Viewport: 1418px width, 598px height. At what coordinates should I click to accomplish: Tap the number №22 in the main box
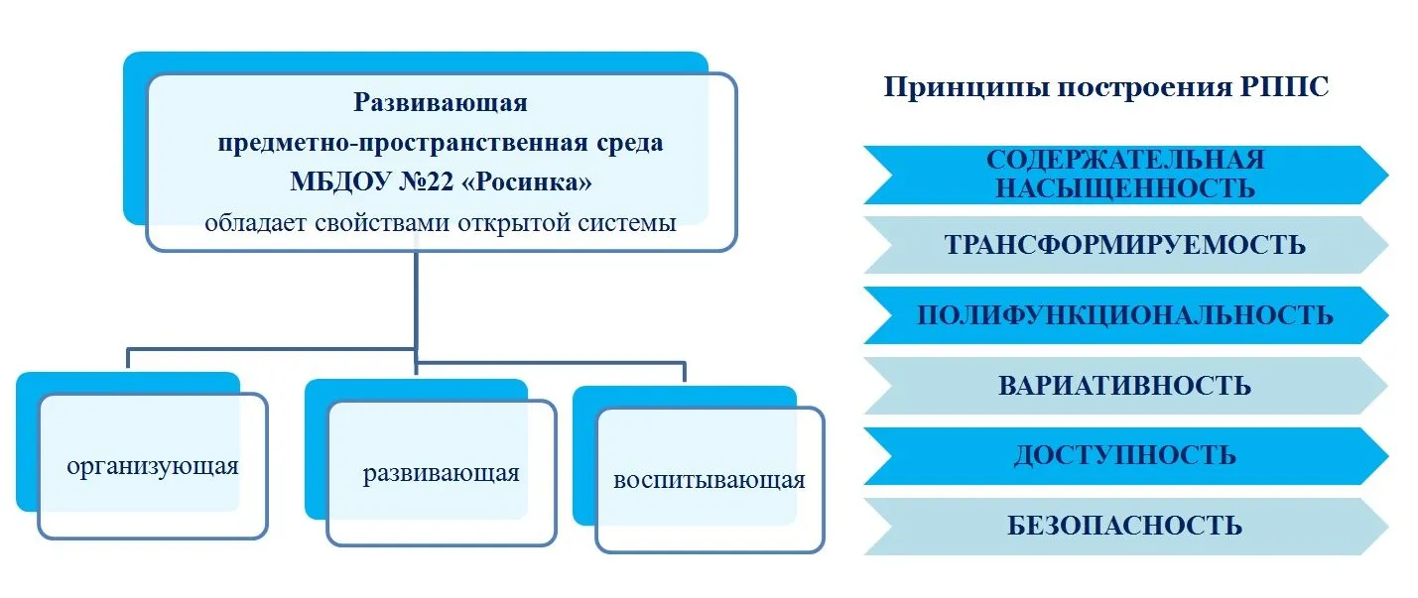tap(426, 182)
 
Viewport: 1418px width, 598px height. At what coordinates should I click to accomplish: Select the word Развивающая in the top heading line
tap(441, 102)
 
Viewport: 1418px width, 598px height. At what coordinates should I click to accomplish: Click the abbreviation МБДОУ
tap(340, 182)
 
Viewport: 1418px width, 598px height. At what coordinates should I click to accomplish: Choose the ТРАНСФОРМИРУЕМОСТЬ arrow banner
tap(1125, 245)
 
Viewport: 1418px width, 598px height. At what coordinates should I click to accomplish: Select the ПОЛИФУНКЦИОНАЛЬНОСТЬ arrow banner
tap(1125, 315)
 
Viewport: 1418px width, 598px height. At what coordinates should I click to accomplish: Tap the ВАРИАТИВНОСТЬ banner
tap(1125, 386)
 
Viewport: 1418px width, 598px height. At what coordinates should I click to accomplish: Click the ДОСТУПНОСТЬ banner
tap(1125, 456)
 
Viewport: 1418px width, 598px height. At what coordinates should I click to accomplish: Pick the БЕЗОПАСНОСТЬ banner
tap(1125, 527)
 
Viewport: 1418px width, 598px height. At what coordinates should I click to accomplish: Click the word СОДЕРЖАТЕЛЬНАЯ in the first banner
tap(1125, 160)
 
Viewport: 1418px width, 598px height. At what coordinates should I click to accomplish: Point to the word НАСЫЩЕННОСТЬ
tap(1125, 188)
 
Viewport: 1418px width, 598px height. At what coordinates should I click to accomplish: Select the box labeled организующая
tap(153, 466)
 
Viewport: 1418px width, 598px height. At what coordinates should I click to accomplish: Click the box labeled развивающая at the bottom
tap(442, 473)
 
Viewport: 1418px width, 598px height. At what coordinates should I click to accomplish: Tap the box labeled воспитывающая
tap(709, 480)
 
